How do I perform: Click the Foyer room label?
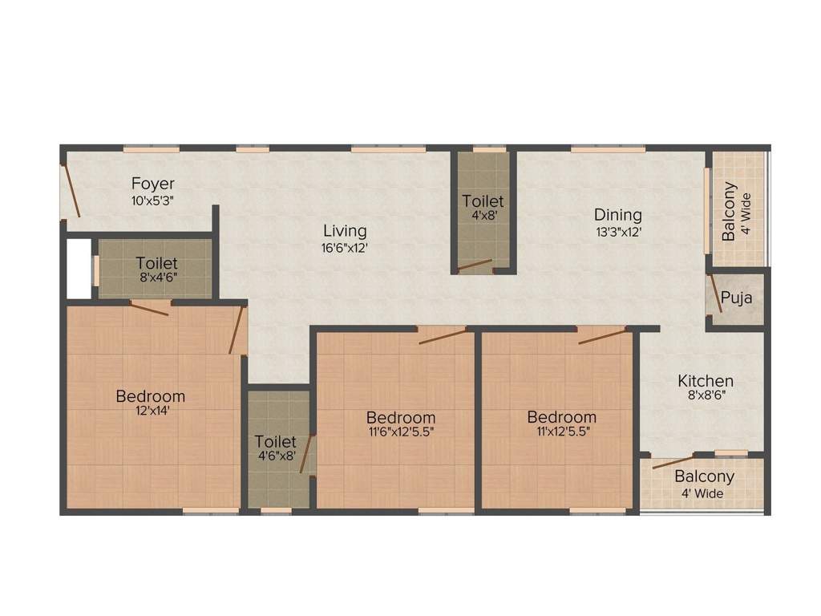click(x=152, y=184)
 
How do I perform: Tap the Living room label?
click(x=345, y=232)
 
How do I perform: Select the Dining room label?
click(x=617, y=215)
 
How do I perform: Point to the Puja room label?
click(x=736, y=299)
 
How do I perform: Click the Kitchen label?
click(x=706, y=381)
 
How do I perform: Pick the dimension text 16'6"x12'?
click(x=345, y=249)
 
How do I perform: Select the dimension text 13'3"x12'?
click(x=617, y=232)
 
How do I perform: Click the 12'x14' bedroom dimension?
click(x=151, y=411)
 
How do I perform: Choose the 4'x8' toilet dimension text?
click(x=483, y=217)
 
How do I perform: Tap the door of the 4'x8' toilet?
click(x=475, y=265)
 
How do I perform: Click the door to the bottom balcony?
click(x=673, y=462)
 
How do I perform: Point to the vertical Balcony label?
click(x=730, y=213)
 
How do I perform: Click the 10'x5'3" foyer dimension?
click(x=152, y=201)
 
